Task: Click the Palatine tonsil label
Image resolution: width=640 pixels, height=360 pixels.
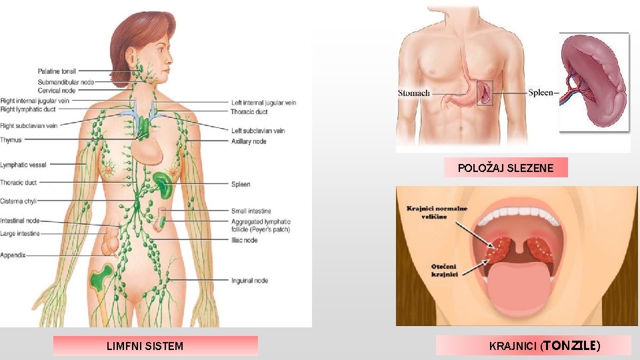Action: [x=57, y=71]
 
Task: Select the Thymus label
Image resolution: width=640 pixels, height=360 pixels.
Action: [x=11, y=140]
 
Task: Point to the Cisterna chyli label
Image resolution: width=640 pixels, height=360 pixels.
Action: [x=19, y=201]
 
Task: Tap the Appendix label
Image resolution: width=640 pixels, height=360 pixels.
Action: [x=13, y=255]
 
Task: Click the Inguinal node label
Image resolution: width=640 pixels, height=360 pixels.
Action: [x=250, y=281]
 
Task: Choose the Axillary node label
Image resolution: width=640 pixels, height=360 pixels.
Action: [x=249, y=141]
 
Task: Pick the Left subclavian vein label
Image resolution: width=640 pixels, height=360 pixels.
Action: [x=258, y=131]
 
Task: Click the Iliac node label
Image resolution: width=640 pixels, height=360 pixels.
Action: [x=244, y=240]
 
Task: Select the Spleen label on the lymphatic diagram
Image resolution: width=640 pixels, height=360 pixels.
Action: [x=241, y=184]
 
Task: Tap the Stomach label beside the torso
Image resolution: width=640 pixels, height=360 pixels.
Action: [x=414, y=93]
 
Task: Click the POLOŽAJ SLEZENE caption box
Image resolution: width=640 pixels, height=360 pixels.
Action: [x=505, y=168]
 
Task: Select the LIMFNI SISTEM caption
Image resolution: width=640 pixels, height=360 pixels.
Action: [x=145, y=346]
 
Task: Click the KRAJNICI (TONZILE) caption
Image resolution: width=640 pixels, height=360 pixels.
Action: [x=544, y=346]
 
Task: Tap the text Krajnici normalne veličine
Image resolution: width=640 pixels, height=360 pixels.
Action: [x=437, y=213]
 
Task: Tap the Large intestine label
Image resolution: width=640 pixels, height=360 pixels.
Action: [x=20, y=233]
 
